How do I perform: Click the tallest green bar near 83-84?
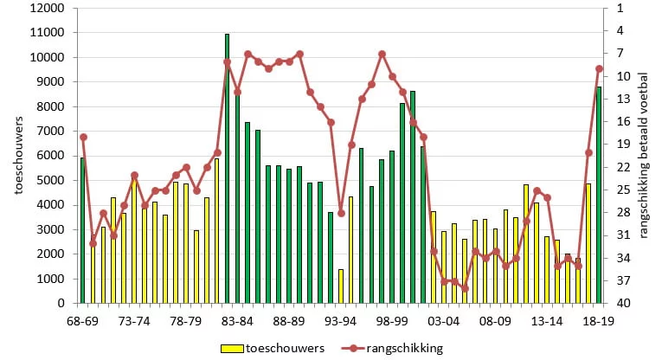tap(227, 169)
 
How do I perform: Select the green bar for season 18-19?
tap(599, 195)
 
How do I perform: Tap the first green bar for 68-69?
tap(83, 230)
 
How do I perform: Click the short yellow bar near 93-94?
tap(341, 286)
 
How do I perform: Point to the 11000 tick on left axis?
tap(48, 33)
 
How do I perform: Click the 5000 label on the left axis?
tap(50, 180)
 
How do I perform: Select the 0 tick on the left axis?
tap(61, 303)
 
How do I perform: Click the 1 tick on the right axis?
tap(620, 8)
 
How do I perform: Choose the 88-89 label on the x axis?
tap(289, 321)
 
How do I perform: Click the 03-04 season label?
tap(443, 321)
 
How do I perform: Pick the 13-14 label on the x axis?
tap(547, 321)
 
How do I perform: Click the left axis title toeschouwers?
tap(18, 155)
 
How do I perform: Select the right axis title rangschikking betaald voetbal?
tap(644, 156)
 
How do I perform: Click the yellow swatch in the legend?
tap(232, 349)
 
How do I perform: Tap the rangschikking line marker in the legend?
tap(352, 349)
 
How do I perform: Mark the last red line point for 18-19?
tap(599, 68)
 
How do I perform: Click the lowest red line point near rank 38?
tap(465, 289)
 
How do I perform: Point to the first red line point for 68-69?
tap(83, 137)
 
